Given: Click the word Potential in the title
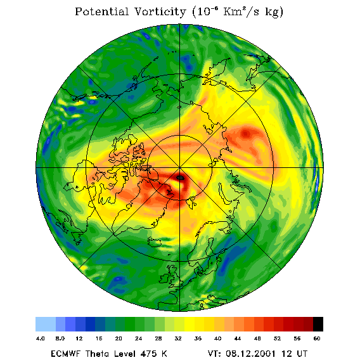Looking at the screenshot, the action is [x=101, y=11].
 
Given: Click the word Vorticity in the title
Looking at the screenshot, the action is [x=160, y=11].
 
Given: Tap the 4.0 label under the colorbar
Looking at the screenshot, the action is [x=40, y=338].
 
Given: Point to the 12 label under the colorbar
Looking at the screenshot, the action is [x=79, y=338].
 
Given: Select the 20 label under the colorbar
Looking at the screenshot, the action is [x=119, y=338].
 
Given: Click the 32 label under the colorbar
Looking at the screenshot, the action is [x=178, y=338].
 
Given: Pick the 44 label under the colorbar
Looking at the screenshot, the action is [x=238, y=338].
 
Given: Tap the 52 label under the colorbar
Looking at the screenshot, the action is [x=277, y=338].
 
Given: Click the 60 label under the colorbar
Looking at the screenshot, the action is [x=317, y=338].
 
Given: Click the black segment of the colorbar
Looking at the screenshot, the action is [x=318, y=324].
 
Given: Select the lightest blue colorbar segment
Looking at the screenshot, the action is [x=46, y=324].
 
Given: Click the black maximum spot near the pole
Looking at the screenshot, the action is [x=180, y=177].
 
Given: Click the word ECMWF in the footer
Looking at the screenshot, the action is [x=66, y=354].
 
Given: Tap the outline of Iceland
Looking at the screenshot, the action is [x=154, y=241].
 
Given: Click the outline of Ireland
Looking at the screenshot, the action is [x=164, y=278].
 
